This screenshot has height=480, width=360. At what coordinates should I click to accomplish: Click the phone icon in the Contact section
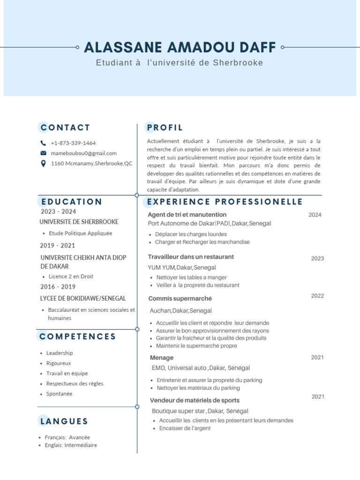[44, 143]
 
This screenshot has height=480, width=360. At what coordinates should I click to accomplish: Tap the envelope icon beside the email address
[44, 153]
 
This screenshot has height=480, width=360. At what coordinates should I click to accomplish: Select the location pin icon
[44, 164]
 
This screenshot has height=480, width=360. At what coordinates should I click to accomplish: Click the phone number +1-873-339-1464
[73, 143]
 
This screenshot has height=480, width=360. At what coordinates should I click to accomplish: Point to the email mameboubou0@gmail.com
[84, 153]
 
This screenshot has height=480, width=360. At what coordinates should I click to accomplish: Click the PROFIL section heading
[165, 127]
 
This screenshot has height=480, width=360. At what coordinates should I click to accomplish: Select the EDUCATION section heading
[72, 202]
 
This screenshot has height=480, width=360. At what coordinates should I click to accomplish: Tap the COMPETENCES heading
[78, 337]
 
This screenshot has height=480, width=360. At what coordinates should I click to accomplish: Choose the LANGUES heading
[64, 421]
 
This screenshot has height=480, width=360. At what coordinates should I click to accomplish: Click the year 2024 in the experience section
[315, 215]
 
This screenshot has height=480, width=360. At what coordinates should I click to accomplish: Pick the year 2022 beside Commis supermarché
[317, 296]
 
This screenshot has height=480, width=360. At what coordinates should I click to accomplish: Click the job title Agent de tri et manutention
[187, 215]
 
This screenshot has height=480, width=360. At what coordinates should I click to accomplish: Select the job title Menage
[161, 358]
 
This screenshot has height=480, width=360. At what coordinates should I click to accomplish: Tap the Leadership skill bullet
[60, 353]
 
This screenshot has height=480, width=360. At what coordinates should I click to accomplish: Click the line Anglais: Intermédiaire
[71, 445]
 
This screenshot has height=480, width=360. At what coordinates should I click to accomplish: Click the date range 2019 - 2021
[58, 246]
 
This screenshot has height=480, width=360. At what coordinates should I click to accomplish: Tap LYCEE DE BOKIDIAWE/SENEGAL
[83, 299]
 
